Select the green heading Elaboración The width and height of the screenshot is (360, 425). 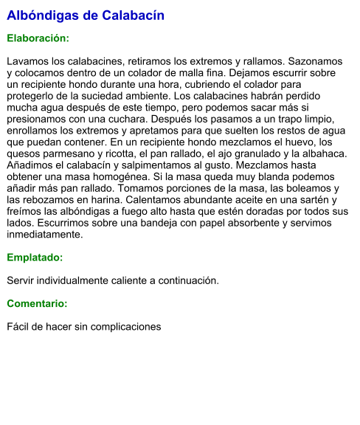click(38, 38)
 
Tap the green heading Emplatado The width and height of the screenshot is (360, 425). click(35, 258)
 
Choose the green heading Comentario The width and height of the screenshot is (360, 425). click(37, 303)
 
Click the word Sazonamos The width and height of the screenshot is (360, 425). click(314, 61)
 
